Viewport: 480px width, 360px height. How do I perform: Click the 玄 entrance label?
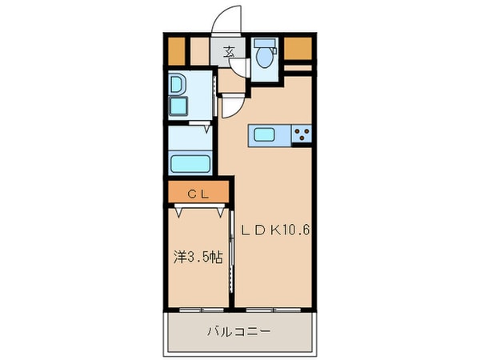229,52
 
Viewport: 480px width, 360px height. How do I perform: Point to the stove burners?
301,134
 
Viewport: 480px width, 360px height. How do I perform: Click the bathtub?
190,164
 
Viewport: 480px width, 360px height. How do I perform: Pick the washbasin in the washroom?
177,85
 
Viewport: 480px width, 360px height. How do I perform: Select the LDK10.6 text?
276,230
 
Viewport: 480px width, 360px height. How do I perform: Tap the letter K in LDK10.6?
274,230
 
